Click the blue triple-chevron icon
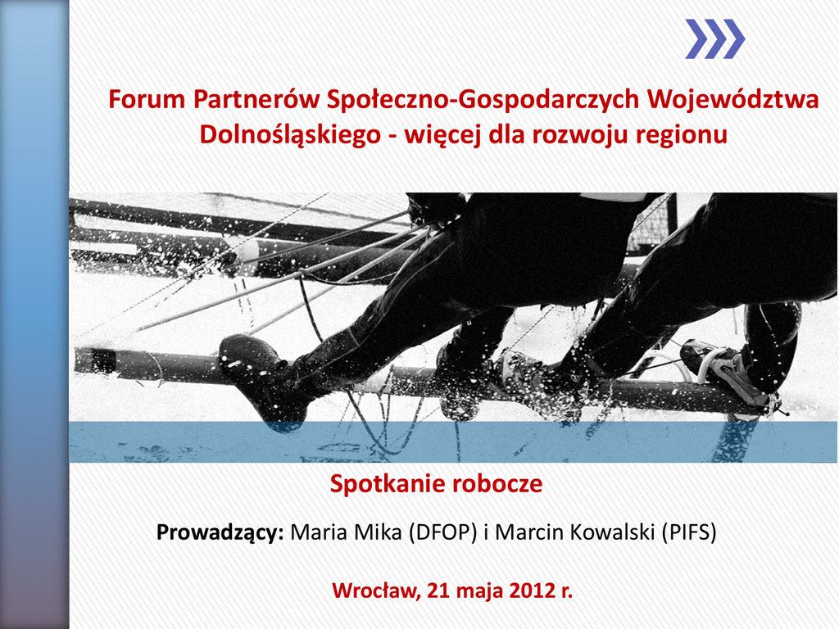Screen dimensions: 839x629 (x=714, y=39)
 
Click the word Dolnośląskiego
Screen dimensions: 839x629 (x=290, y=135)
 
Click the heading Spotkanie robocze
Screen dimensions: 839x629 (x=436, y=483)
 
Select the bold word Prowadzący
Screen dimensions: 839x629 (x=220, y=532)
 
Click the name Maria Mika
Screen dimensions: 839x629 (x=346, y=532)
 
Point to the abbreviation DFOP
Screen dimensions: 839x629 (x=442, y=532)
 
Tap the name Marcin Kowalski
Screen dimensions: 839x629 (x=575, y=532)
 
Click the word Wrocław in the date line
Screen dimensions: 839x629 (x=375, y=591)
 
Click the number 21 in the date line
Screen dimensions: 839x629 (x=438, y=591)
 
